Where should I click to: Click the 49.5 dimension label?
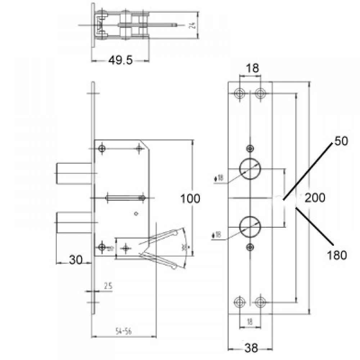tap(120, 60)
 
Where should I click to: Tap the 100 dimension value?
tap(190, 198)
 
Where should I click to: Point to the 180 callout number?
tap(337, 255)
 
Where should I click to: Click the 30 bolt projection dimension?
tap(76, 260)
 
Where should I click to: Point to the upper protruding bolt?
tap(73, 172)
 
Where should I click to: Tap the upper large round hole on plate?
tap(250, 168)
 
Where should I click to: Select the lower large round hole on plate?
tap(250, 227)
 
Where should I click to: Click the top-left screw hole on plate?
tap(239, 94)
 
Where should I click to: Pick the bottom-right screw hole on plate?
tap(260, 302)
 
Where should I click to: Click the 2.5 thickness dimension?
tap(108, 286)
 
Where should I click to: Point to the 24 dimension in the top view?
tap(193, 25)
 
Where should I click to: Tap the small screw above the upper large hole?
tap(250, 148)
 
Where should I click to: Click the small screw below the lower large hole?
tap(250, 247)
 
